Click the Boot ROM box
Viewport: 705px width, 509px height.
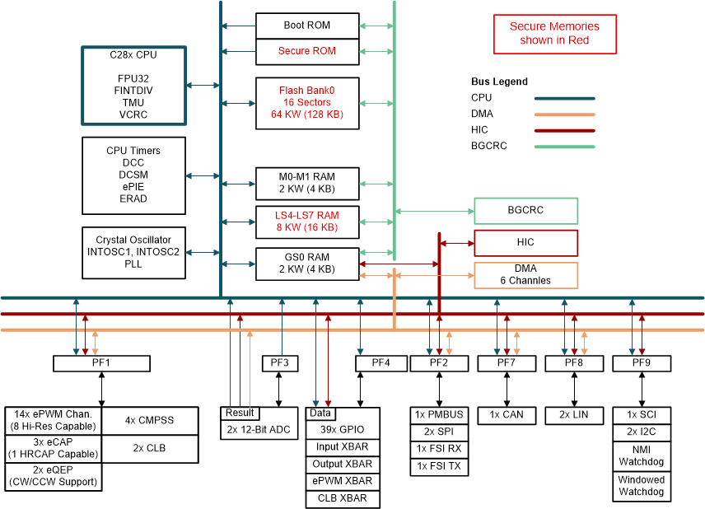coord(306,26)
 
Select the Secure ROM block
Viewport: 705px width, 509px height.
coord(306,51)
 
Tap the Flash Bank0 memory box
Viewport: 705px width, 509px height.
coord(306,103)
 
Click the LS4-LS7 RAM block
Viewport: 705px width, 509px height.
coord(306,221)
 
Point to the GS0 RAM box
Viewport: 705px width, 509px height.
coord(306,263)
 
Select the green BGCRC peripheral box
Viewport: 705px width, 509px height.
coord(525,211)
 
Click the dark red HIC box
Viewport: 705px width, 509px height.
coord(525,243)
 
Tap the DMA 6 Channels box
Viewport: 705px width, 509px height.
coord(525,275)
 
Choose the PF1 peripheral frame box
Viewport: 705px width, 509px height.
coord(101,363)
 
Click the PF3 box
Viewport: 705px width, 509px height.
coord(279,363)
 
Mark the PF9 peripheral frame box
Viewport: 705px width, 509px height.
coord(642,363)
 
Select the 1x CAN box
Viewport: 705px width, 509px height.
coord(507,414)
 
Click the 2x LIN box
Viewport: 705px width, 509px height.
coord(574,414)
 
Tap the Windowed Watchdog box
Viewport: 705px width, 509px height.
coord(642,486)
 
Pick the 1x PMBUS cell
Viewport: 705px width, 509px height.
coord(439,414)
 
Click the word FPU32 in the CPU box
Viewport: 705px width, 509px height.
coord(133,78)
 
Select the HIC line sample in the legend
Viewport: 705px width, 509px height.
coord(564,130)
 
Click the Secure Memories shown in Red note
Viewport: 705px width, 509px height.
coord(554,34)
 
